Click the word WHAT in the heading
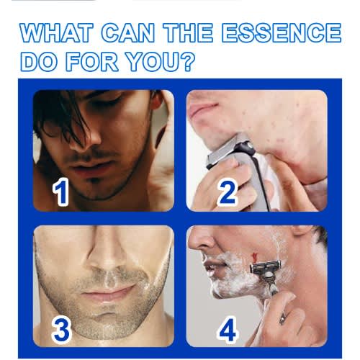click(56, 32)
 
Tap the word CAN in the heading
click(128, 32)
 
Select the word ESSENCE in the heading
click(282, 32)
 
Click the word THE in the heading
click(188, 32)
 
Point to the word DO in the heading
click(39, 61)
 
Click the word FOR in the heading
click(92, 61)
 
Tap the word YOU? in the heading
click(161, 61)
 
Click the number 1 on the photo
click(60, 192)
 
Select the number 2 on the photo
click(227, 192)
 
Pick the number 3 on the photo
click(61, 329)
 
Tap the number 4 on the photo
click(228, 329)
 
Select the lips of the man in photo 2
click(204, 109)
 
